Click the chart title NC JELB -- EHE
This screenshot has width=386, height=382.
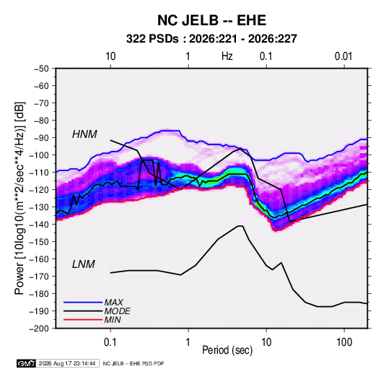(211, 20)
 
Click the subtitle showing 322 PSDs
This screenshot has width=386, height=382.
(211, 39)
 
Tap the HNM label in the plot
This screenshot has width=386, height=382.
(84, 134)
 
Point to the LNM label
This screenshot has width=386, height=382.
(84, 264)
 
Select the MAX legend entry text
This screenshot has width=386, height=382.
(114, 302)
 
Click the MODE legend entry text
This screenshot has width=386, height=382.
(117, 311)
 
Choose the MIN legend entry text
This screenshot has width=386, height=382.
(113, 320)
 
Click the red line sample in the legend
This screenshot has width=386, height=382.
(83, 320)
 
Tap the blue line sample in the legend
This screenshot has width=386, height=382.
(83, 302)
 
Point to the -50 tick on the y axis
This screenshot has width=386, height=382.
(41, 69)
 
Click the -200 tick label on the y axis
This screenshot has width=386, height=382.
(39, 329)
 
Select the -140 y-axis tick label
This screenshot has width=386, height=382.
(39, 225)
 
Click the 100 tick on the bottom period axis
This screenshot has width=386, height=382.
(344, 342)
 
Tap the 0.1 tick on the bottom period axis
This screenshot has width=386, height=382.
(110, 342)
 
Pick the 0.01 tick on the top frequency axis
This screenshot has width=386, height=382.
(343, 56)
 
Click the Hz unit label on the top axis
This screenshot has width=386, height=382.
(227, 56)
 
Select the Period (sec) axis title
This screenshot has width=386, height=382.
(227, 350)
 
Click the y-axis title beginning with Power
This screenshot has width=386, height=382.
(19, 199)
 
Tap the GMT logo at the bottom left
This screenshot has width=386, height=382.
(27, 363)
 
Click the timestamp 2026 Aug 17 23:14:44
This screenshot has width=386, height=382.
(67, 363)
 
